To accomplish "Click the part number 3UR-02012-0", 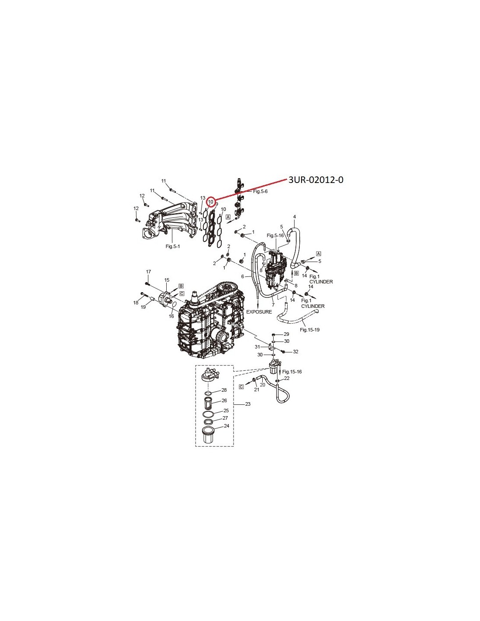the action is (316, 179).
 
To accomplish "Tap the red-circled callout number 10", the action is (210, 202).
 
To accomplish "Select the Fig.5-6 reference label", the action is (260, 191).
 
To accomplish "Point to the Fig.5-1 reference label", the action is (173, 246).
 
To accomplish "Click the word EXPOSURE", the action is (259, 312).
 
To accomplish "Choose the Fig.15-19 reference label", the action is (309, 330).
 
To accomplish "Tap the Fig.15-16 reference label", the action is (292, 372).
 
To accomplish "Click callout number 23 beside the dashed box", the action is (247, 404).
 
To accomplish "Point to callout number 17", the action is (148, 272).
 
